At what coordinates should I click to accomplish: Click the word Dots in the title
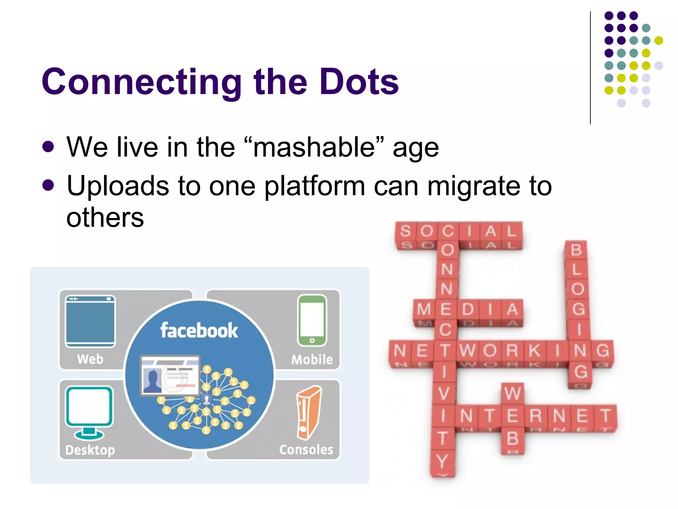coord(359,82)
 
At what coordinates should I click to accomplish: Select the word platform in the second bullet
coord(315,186)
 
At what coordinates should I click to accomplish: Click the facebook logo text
coord(199,330)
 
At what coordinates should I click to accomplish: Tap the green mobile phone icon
coord(312,320)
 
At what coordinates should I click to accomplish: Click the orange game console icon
coord(309,413)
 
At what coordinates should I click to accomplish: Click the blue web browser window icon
coord(90,321)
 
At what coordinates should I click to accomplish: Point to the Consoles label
coord(306,450)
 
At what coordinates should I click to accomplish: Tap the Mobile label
coord(312,360)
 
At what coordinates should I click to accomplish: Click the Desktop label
coord(90,450)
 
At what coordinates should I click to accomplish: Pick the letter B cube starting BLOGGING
coord(576,250)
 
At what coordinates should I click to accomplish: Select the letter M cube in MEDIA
coord(424,310)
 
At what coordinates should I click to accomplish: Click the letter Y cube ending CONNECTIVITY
coord(442,461)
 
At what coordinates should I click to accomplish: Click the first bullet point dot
coord(48,147)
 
